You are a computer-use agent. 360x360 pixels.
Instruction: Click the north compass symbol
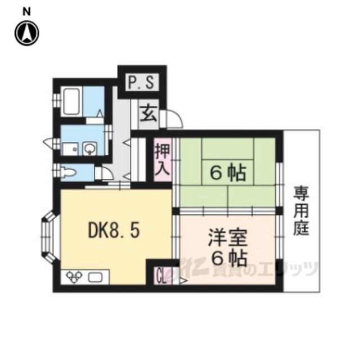tap(27, 33)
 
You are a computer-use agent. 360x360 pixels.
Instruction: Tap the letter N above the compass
tap(26, 11)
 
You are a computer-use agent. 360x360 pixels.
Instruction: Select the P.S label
tap(141, 83)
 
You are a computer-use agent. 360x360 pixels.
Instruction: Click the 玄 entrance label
tap(148, 114)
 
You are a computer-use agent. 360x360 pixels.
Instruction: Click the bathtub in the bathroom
tap(72, 101)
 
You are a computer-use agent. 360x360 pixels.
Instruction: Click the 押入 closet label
tap(163, 160)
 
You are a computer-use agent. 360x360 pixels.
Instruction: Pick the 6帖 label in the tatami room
tap(228, 173)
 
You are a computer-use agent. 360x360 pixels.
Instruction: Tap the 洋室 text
tap(227, 238)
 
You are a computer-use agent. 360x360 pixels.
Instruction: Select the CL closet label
tap(161, 276)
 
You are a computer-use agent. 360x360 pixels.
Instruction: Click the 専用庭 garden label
tap(301, 211)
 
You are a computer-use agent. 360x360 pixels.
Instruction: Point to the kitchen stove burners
tap(74, 276)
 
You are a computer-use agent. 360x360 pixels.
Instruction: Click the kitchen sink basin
tap(95, 277)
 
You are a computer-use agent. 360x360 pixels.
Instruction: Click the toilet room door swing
tap(107, 173)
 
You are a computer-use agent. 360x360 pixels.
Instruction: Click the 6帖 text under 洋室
tap(229, 259)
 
